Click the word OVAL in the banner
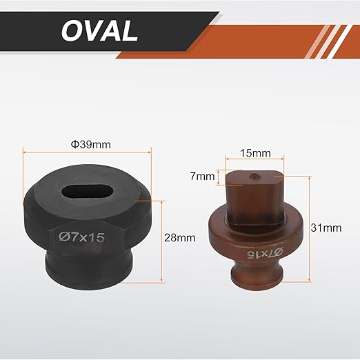(99, 30)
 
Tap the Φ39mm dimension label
(91, 145)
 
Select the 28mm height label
(180, 238)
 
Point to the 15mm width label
(255, 153)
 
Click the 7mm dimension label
(203, 177)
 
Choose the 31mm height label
(326, 228)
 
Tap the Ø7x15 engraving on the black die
(81, 237)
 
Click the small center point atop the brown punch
(254, 176)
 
